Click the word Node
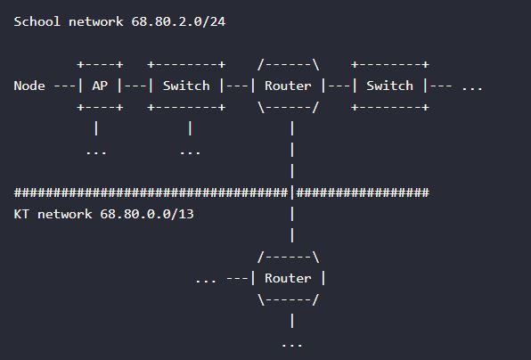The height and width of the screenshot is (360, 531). [29, 86]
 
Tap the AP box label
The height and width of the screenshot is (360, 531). [100, 86]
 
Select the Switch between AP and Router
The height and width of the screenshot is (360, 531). [186, 86]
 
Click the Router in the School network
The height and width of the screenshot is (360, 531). [288, 86]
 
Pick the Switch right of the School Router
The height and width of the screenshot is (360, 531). [389, 86]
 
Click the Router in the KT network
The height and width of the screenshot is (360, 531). [288, 278]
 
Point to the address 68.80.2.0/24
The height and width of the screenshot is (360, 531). [178, 21]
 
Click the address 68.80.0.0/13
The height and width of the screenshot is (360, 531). [147, 214]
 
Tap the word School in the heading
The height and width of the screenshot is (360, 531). [37, 21]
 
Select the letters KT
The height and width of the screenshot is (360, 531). [21, 214]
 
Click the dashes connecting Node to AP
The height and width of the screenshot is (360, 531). [64, 86]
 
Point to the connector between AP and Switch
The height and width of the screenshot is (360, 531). [135, 86]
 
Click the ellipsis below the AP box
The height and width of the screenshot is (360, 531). [96, 153]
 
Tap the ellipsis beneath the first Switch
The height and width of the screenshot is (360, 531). [190, 153]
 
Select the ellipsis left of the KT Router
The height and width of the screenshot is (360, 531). [206, 281]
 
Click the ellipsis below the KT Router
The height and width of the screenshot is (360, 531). [292, 346]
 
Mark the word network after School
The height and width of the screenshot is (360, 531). [96, 21]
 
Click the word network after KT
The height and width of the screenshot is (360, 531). [65, 214]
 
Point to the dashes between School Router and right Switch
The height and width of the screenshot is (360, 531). [339, 86]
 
